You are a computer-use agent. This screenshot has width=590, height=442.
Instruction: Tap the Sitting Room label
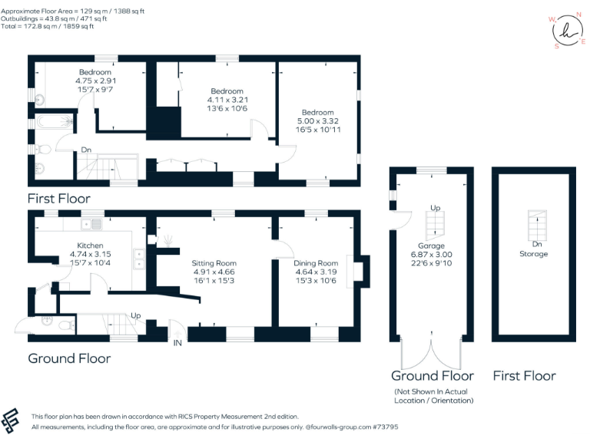pos(214,262)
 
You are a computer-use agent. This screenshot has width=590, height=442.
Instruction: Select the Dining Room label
pos(316,263)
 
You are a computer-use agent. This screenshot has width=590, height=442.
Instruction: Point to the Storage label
pos(533,254)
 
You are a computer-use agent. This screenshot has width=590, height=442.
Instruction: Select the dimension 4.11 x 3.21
pos(225,100)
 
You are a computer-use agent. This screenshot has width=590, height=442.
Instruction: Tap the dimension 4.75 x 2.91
pos(94,81)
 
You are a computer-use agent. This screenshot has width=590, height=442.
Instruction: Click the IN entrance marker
pos(178,342)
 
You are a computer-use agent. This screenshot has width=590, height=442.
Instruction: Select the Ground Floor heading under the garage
pos(432,375)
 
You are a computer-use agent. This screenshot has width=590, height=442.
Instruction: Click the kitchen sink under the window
pos(96,224)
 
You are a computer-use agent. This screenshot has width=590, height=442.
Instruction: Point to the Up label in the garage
pos(435,208)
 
